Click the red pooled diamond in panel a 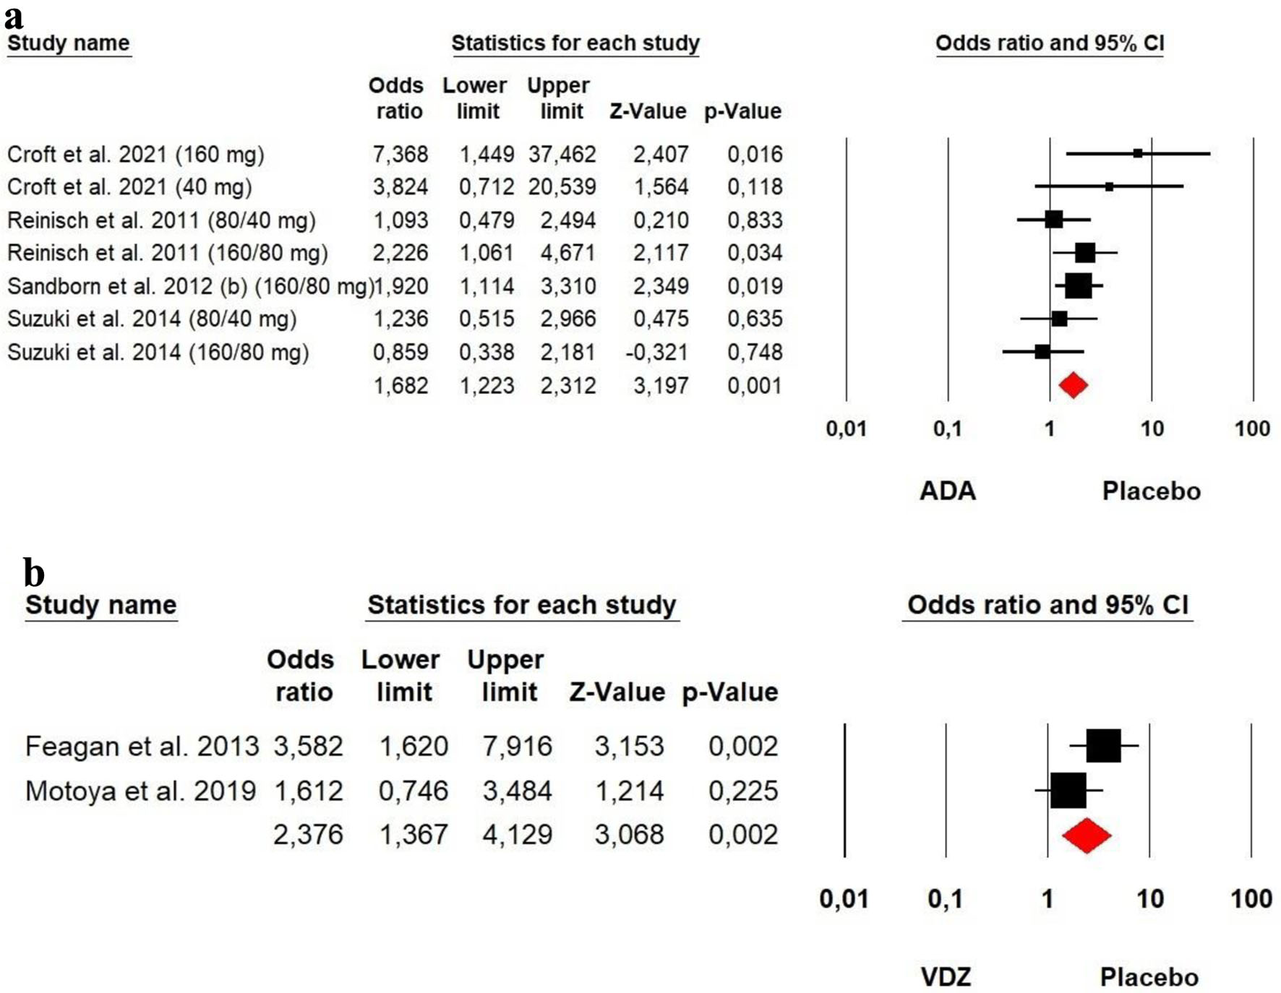[1073, 384]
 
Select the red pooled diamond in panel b [1087, 835]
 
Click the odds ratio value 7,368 [400, 154]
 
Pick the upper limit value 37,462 [562, 154]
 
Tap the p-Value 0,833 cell [755, 220]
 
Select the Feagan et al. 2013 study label [142, 746]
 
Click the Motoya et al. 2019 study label [140, 791]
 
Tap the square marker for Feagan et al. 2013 [1103, 746]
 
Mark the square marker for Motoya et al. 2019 [1068, 791]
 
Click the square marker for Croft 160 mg [1138, 153]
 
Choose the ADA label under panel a [947, 491]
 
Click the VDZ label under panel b [946, 977]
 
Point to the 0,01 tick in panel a [846, 429]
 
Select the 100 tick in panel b [1251, 898]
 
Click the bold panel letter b [34, 572]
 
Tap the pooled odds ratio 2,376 [308, 835]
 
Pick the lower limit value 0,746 [414, 791]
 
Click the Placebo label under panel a [1151, 491]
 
